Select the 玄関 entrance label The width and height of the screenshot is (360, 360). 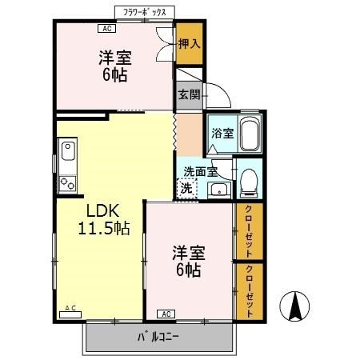click(188, 94)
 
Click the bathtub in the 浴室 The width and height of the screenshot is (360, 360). click(249, 133)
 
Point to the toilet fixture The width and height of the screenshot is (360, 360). click(248, 182)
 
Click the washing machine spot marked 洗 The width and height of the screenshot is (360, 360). click(186, 189)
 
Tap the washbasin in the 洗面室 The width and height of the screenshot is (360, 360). click(217, 190)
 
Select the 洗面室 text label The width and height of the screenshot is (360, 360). click(200, 170)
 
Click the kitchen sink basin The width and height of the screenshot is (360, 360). click(66, 150)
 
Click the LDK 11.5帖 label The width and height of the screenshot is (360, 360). click(103, 220)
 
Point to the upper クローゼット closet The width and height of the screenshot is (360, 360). click(250, 231)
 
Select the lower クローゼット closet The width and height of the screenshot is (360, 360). click(250, 286)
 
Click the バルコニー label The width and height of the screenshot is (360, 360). click(160, 336)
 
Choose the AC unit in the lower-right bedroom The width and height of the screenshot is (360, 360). click(166, 313)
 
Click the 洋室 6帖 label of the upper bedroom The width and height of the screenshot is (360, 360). click(115, 67)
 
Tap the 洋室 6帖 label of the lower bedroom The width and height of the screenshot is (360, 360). click(189, 262)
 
